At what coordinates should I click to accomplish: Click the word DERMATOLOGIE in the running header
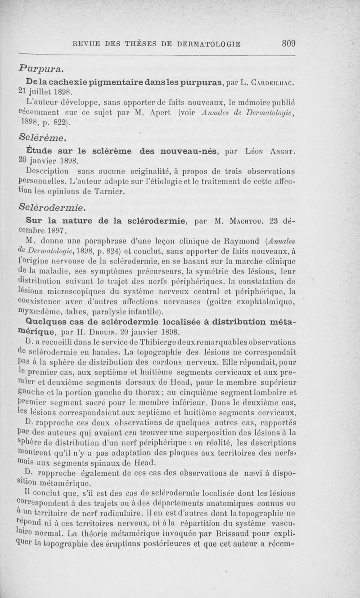(209, 44)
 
